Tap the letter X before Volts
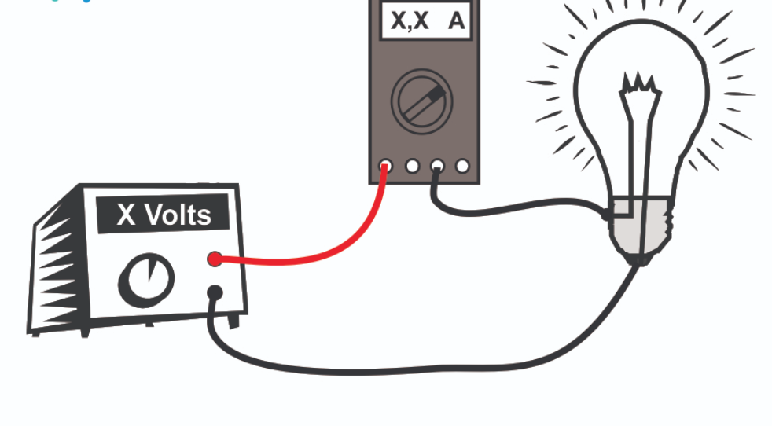tap(126, 215)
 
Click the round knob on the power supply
tap(146, 280)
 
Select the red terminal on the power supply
tap(214, 259)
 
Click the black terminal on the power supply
tap(214, 293)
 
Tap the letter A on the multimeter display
tap(456, 21)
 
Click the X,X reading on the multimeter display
tap(410, 21)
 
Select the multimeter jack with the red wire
tap(385, 166)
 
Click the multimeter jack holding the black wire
tap(437, 166)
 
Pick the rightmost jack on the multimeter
tap(462, 166)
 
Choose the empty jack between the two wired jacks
tap(411, 166)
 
